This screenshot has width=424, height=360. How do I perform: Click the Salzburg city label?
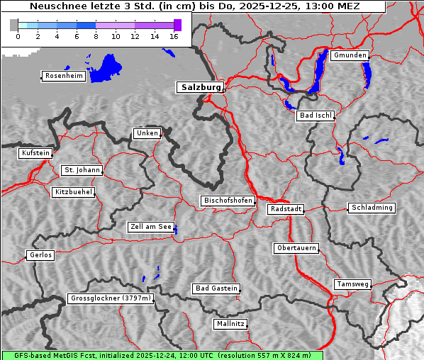(x=199, y=87)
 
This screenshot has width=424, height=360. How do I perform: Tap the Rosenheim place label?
(x=64, y=76)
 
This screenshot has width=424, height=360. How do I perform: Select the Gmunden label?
(x=350, y=55)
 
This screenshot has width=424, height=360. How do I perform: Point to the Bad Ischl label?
(x=316, y=116)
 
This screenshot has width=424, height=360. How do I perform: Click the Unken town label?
(x=147, y=133)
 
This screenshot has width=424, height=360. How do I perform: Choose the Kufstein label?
(x=35, y=153)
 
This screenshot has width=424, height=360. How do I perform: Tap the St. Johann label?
(x=82, y=170)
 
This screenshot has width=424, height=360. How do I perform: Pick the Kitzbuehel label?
(x=73, y=192)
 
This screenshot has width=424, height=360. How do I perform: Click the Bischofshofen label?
(x=228, y=201)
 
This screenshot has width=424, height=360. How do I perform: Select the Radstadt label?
(x=286, y=209)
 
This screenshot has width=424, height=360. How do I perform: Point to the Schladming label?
(x=371, y=208)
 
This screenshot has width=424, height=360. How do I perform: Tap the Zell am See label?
(x=150, y=227)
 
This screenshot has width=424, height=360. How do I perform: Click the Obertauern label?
(x=296, y=248)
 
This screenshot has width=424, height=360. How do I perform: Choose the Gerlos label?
(x=40, y=255)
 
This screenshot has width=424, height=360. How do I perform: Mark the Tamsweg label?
(x=352, y=284)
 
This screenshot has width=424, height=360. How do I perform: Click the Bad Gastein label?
(x=216, y=288)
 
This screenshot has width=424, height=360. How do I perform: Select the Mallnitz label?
(x=230, y=324)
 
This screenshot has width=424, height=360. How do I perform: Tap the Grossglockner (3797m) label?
(x=111, y=299)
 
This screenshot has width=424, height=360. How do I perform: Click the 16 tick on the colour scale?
(x=174, y=35)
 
